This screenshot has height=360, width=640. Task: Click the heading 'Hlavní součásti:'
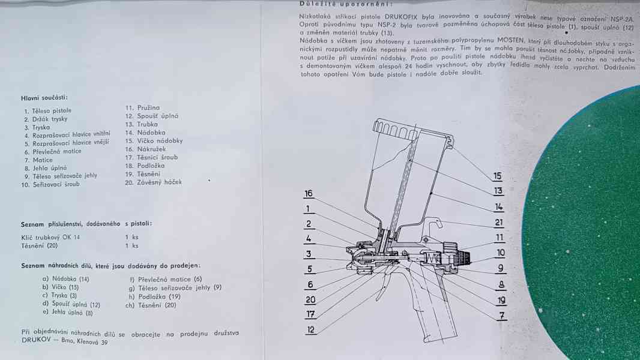point(44,97)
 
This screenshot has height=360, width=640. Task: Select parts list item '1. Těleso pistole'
point(47,111)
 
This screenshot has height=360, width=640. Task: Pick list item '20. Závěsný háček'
point(153,182)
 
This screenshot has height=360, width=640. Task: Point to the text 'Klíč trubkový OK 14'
point(50,237)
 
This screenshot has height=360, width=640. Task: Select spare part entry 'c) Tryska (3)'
point(59,296)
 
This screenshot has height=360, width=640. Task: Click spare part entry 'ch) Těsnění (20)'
point(150,305)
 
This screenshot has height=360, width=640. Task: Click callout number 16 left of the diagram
point(309,194)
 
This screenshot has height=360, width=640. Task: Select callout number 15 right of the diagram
point(497,176)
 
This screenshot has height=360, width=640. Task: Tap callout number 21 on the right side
point(499,222)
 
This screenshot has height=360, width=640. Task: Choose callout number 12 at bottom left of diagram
point(310,330)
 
